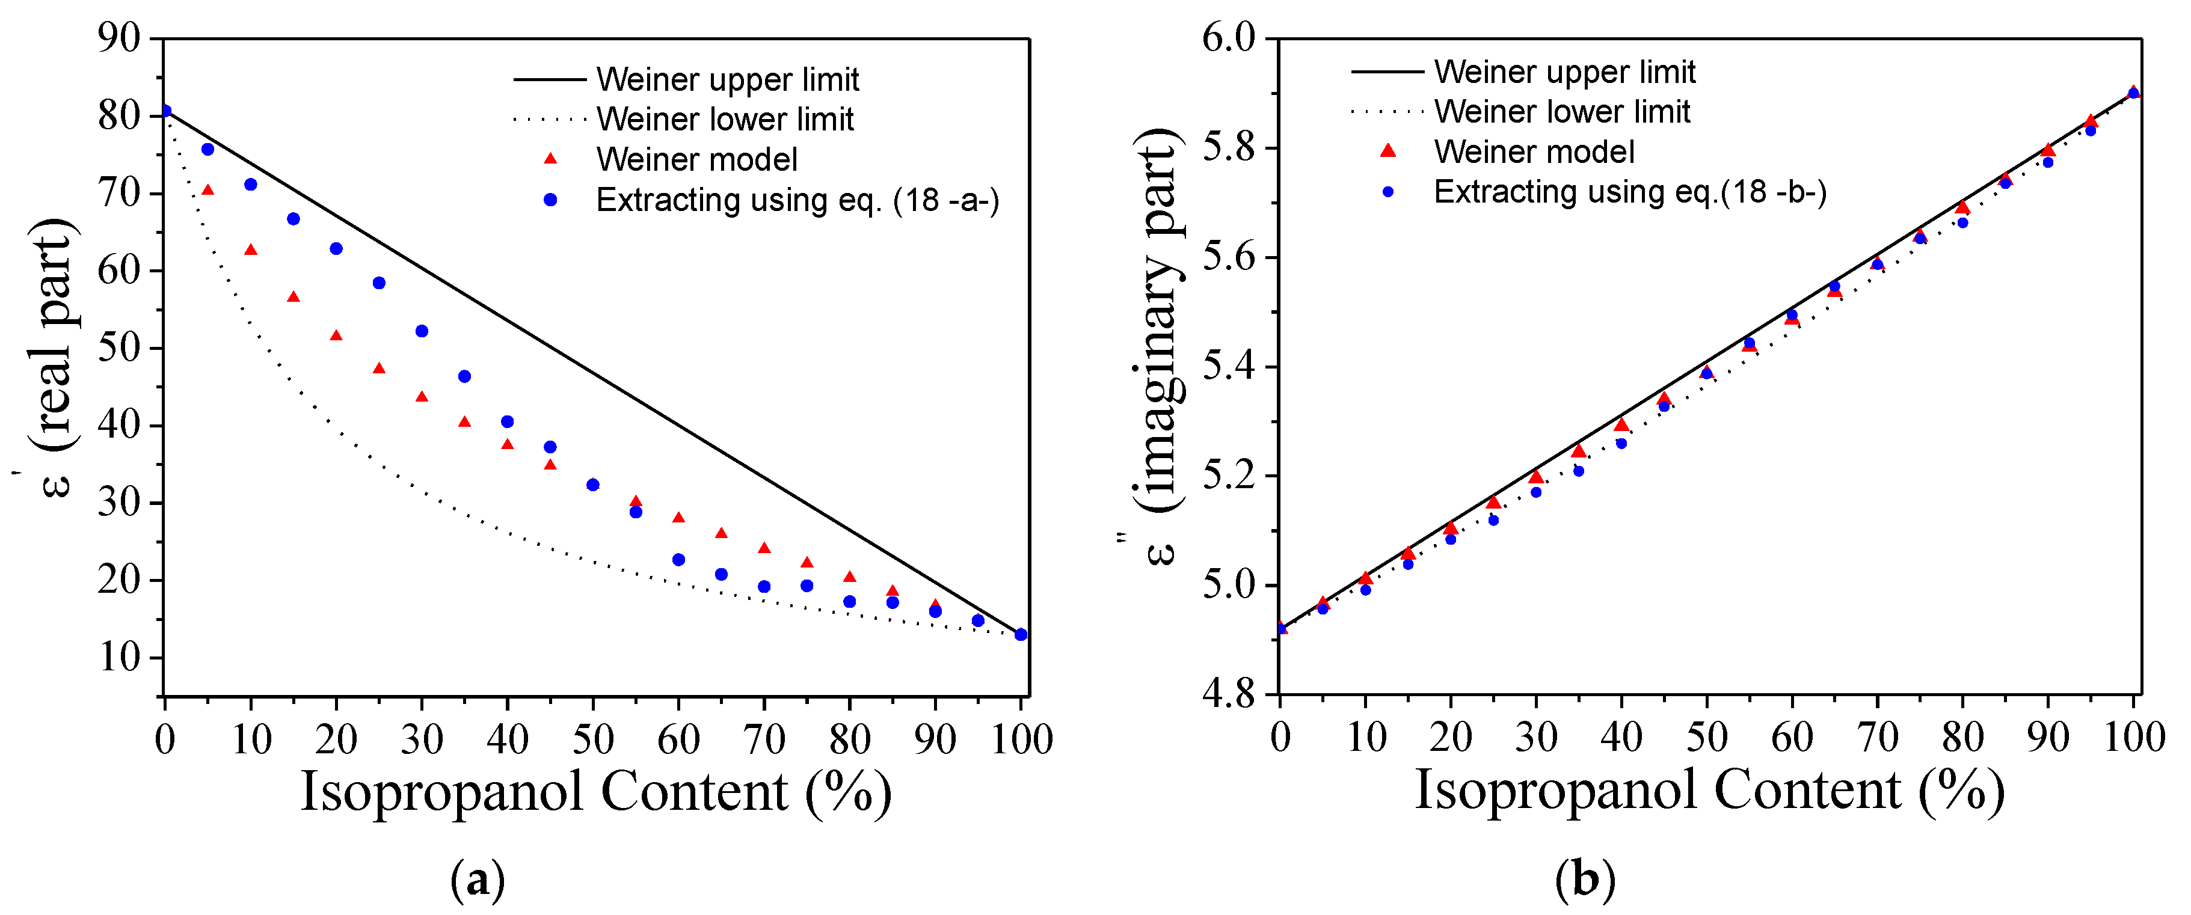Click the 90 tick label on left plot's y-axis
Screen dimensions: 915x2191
(x=119, y=38)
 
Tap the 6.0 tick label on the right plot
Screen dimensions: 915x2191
(x=1228, y=38)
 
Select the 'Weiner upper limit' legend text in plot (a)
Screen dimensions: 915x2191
(x=727, y=79)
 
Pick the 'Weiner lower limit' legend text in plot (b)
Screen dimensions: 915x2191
(x=1561, y=111)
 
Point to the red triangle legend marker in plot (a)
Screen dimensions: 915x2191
(x=550, y=159)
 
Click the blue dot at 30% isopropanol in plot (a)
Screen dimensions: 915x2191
(x=422, y=331)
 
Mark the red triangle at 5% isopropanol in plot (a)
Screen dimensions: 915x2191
(x=207, y=191)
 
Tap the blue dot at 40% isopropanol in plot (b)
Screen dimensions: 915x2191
(x=1621, y=443)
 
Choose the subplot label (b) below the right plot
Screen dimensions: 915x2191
(x=1584, y=878)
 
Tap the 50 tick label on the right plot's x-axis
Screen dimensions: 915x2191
(x=1707, y=737)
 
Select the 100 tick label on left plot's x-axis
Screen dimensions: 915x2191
(x=1021, y=739)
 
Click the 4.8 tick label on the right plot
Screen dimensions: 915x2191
(x=1228, y=694)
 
